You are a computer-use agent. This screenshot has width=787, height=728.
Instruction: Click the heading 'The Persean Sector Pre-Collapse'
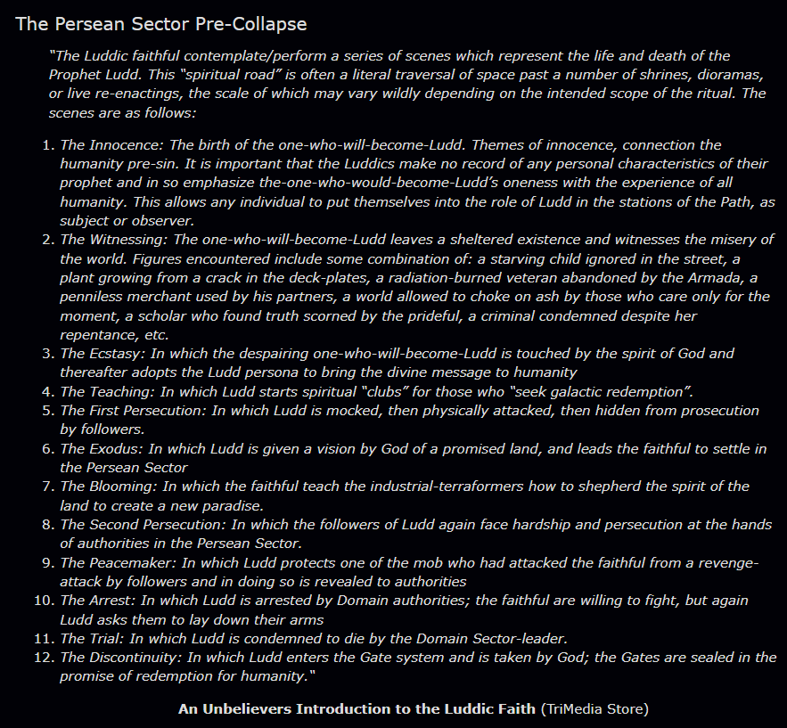(x=160, y=23)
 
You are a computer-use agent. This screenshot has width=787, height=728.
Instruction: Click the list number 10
(x=45, y=601)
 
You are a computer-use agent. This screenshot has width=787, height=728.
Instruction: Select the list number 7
(x=49, y=487)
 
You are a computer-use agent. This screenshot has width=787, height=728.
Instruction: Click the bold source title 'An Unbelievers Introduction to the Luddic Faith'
(x=357, y=709)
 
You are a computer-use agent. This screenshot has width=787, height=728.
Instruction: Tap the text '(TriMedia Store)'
(x=594, y=709)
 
